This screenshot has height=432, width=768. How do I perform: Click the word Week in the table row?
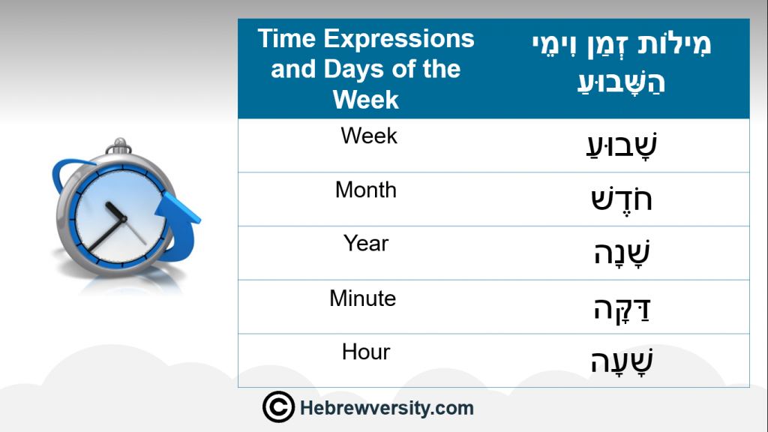pyautogui.click(x=369, y=136)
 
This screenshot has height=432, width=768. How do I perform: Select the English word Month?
pyautogui.click(x=366, y=190)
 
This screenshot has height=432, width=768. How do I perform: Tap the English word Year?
pyautogui.click(x=366, y=244)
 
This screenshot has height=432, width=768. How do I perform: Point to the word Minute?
pyautogui.click(x=362, y=298)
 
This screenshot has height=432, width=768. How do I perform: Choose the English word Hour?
pyautogui.click(x=366, y=352)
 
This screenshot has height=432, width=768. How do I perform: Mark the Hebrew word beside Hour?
pyautogui.click(x=622, y=361)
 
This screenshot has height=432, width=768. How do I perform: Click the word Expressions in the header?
pyautogui.click(x=399, y=39)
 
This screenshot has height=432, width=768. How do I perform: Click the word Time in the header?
pyautogui.click(x=287, y=38)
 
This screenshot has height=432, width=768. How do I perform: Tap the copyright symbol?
pyautogui.click(x=279, y=407)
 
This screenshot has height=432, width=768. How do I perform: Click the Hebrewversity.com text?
pyautogui.click(x=387, y=408)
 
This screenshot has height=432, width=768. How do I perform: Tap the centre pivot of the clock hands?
pyautogui.click(x=124, y=218)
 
